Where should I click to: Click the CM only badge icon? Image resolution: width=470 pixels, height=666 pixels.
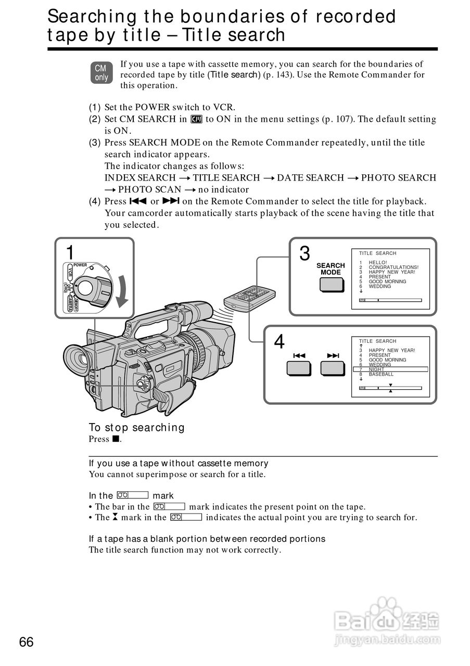101,73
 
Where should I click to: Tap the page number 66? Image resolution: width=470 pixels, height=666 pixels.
26,642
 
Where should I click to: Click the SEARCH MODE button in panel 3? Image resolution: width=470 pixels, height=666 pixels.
331,284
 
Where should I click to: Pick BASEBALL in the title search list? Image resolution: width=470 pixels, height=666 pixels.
381,374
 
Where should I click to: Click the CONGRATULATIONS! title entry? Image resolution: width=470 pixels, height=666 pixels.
393,267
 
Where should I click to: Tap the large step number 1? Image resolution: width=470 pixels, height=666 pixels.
70,252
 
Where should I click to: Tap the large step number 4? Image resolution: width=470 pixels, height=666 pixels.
280,342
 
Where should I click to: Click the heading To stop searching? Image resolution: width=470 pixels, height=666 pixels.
136,428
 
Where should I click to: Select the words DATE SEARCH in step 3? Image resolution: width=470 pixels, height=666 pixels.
310,178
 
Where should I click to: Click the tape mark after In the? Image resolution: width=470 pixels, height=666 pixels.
133,495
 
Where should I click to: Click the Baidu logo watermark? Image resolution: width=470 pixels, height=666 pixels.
387,619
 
